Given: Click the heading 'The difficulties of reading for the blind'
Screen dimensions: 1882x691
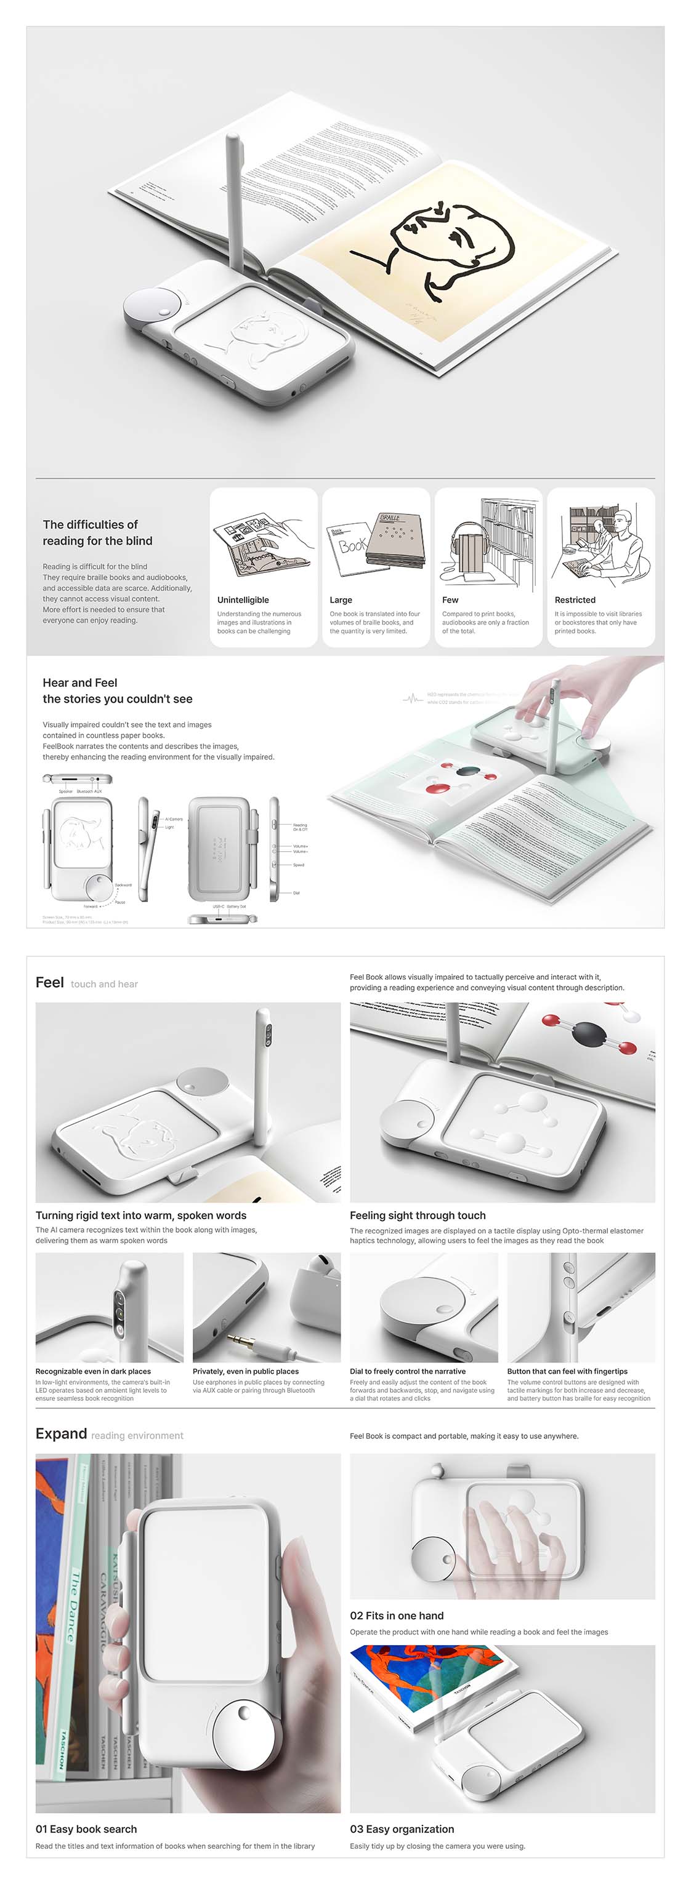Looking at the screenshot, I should [97, 532].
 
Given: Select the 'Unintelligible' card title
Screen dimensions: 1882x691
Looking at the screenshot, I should [243, 600].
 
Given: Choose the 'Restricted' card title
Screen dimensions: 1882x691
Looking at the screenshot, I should [575, 600].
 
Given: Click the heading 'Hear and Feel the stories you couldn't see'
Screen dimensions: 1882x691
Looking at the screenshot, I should [117, 691].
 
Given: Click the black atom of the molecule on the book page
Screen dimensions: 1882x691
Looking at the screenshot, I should [589, 1034].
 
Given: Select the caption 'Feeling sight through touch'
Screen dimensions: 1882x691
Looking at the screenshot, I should [418, 1215].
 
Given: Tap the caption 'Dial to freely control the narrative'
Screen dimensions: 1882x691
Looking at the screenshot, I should [407, 1371].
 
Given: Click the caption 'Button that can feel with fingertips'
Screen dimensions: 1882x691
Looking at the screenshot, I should [567, 1371].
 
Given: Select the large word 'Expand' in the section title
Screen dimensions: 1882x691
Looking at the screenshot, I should [62, 1433].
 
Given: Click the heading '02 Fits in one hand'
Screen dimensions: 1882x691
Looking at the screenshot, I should [397, 1616].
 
